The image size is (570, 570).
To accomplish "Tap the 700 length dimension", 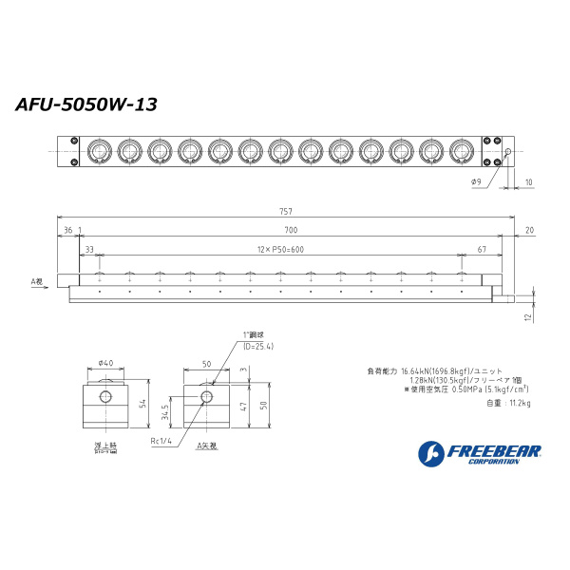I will click(291, 230).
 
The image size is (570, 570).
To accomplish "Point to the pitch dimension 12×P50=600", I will click(278, 249).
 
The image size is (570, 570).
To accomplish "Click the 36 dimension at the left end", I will click(67, 230).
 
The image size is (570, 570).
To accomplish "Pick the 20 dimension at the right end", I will click(528, 230).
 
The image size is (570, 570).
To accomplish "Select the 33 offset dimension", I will click(89, 249).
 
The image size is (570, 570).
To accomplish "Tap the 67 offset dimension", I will click(484, 249).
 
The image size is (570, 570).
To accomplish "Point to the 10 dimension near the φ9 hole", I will click(528, 181).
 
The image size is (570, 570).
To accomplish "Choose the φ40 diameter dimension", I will click(105, 363).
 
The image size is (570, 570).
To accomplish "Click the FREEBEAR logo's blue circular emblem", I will click(429, 453).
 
